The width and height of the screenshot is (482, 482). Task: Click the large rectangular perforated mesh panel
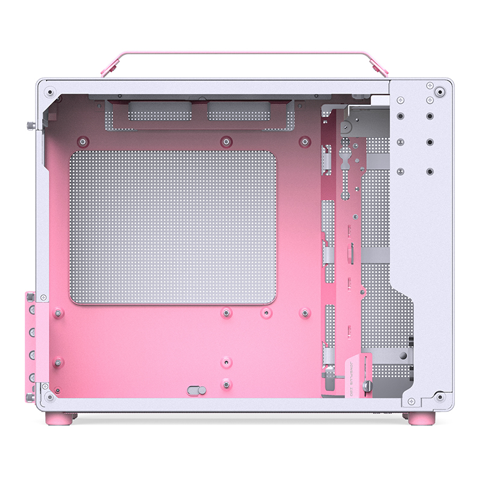tap(173, 228)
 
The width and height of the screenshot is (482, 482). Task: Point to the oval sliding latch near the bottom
tap(196, 390)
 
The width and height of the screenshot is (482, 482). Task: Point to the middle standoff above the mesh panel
tap(226, 142)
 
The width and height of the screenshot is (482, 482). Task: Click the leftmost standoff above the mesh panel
tap(82, 142)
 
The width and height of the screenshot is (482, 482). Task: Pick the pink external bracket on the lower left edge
tap(30, 346)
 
